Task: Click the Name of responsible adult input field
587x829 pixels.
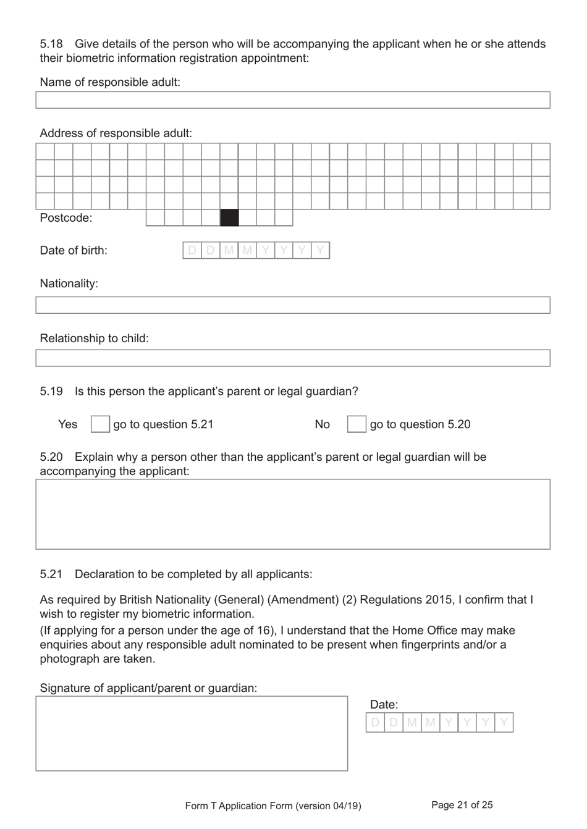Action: (x=292, y=100)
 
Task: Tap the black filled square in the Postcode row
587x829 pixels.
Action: (x=229, y=217)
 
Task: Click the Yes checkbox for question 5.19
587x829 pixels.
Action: (x=100, y=424)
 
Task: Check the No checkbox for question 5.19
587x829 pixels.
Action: (x=357, y=424)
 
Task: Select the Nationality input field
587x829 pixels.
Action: (x=292, y=305)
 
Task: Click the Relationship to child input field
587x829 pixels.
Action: (x=292, y=358)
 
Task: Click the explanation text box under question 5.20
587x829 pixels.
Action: (x=292, y=514)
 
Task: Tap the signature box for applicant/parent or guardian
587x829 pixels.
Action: (x=192, y=733)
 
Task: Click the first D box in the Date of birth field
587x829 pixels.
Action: (x=192, y=250)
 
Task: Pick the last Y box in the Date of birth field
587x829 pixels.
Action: (x=321, y=250)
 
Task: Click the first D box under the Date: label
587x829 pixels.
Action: (x=376, y=722)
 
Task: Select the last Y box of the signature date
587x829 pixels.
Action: (x=504, y=722)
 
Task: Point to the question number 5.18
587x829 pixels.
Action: (x=51, y=44)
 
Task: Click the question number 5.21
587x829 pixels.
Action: (x=51, y=574)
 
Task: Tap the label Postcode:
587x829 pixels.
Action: (x=66, y=217)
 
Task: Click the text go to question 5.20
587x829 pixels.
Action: (x=420, y=424)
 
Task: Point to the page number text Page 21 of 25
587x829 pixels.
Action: (x=462, y=805)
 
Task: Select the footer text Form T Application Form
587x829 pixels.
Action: (x=239, y=806)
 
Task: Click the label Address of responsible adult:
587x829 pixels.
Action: (x=116, y=133)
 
